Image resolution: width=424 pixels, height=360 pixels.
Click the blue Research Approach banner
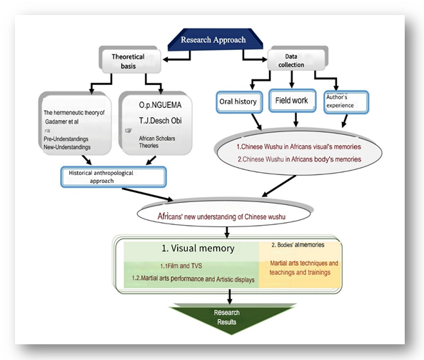tap(216, 39)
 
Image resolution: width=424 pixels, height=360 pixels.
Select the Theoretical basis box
tap(131, 61)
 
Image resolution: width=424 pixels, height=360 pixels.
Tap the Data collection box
tap(298, 59)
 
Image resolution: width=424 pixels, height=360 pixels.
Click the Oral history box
tap(239, 102)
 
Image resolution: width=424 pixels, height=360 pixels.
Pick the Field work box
tap(292, 101)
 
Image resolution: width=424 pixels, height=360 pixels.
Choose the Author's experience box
tap(346, 102)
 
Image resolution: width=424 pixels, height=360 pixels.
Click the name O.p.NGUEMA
tap(160, 105)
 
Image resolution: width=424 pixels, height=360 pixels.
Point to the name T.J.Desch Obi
tap(161, 121)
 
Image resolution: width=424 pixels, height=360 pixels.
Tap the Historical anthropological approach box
tap(113, 176)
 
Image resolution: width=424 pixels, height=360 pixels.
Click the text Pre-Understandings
tap(66, 139)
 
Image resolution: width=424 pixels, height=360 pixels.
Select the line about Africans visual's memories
tap(299, 146)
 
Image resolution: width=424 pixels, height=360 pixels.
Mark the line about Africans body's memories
tap(299, 159)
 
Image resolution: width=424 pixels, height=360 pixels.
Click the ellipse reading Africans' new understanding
tap(224, 214)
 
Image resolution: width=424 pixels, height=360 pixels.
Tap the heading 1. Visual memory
tap(198, 248)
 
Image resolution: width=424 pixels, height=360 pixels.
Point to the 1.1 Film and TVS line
tap(181, 266)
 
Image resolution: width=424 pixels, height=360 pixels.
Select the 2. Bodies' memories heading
tap(298, 245)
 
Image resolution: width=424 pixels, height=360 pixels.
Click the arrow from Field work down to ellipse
tap(296, 119)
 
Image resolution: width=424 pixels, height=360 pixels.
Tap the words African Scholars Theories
tap(157, 142)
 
